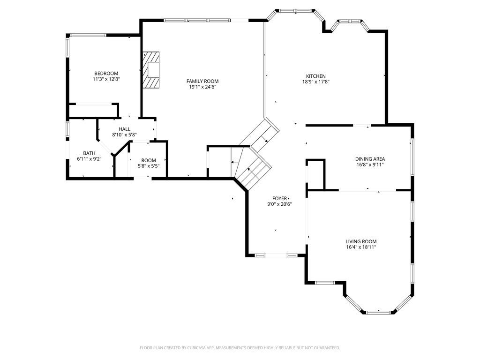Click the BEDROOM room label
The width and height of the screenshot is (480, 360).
(106, 74)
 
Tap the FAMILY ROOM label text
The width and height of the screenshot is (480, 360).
(202, 81)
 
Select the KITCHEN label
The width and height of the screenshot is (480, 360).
(316, 76)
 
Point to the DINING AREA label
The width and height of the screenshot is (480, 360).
(370, 159)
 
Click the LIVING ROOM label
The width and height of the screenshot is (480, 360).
(361, 241)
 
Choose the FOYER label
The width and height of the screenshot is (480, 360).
(280, 198)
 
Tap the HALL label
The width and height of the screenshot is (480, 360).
(124, 129)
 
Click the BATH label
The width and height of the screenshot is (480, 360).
(89, 153)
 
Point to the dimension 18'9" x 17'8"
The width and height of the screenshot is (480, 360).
(316, 82)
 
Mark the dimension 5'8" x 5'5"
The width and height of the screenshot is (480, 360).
(149, 166)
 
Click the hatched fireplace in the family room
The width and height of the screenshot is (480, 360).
(151, 70)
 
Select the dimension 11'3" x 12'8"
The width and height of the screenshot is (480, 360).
(106, 79)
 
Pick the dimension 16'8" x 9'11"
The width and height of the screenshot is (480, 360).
(370, 165)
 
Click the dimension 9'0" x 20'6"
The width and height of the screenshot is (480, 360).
(279, 204)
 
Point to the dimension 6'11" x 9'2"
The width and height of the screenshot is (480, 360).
(89, 159)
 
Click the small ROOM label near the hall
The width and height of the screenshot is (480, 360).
(149, 160)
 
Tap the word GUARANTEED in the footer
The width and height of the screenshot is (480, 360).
(327, 348)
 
